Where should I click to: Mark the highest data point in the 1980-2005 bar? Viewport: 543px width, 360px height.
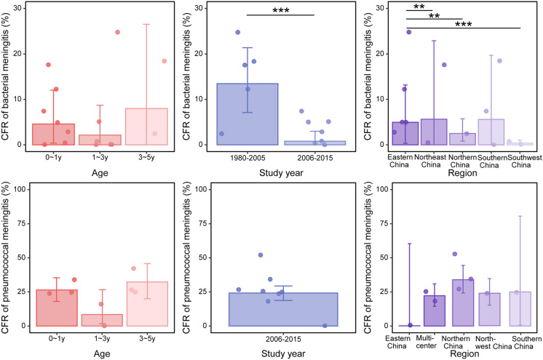click(237, 32)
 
